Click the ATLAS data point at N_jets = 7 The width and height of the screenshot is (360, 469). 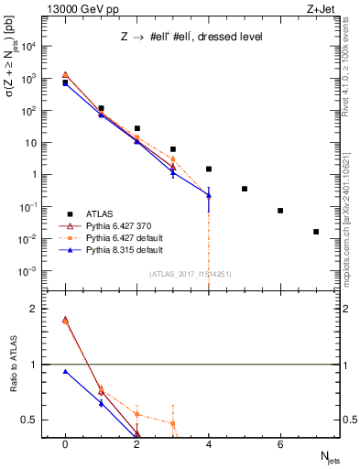[316, 232]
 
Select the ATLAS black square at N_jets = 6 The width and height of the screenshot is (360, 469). [280, 211]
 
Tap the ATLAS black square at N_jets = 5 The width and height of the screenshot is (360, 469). [245, 189]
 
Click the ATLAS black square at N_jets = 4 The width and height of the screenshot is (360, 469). [209, 169]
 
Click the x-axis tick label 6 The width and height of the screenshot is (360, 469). [280, 444]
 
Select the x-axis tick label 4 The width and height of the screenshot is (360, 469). [209, 444]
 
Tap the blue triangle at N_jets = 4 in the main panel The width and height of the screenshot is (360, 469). [209, 194]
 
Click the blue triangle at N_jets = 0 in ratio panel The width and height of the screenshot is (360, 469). [65, 371]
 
